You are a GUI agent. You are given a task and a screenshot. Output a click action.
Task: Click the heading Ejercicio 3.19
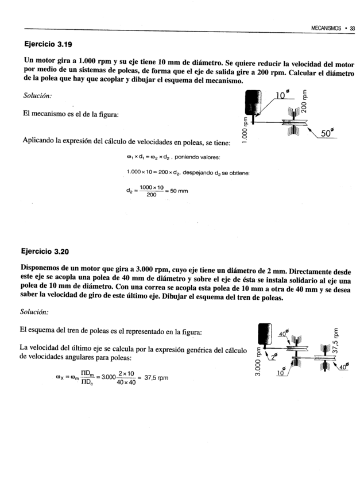(48, 44)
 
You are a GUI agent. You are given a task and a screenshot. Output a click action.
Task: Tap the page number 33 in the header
(353, 28)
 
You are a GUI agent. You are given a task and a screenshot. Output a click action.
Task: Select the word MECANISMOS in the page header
(326, 28)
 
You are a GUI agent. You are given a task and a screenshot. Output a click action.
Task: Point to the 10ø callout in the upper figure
(281, 95)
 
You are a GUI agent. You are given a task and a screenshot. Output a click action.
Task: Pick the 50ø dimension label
(328, 133)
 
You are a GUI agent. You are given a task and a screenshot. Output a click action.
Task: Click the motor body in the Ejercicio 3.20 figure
(265, 336)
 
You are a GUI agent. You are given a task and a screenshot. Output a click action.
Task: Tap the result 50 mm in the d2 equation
(179, 191)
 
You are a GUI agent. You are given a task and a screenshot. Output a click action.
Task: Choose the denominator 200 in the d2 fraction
(151, 195)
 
